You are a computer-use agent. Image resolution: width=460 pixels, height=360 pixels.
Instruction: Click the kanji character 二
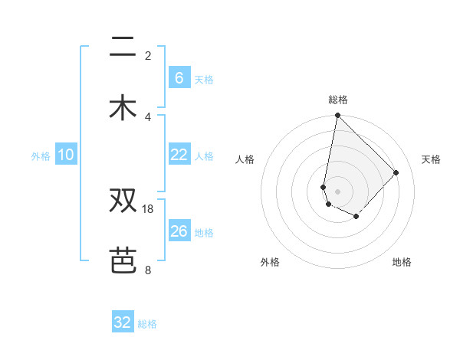(x=123, y=48)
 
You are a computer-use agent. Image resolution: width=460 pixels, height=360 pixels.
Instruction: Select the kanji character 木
(x=123, y=107)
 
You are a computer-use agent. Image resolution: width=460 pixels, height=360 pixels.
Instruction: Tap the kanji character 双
(x=123, y=201)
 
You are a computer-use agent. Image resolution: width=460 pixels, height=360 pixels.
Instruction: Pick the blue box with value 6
(x=179, y=77)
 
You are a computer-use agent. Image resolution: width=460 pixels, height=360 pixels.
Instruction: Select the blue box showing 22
(x=179, y=155)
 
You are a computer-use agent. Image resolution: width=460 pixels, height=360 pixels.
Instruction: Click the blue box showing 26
(x=179, y=231)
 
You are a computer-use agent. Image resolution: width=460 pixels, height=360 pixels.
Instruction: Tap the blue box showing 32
(x=123, y=322)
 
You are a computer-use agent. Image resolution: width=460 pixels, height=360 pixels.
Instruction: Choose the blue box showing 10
(x=66, y=155)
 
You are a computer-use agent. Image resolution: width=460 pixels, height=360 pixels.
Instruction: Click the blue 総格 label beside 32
(x=147, y=324)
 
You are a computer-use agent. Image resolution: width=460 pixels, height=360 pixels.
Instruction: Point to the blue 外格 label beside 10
(x=41, y=156)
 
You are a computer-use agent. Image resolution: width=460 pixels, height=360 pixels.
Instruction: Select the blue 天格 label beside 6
(x=204, y=79)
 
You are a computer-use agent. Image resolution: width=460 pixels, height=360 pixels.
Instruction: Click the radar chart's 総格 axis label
(x=338, y=100)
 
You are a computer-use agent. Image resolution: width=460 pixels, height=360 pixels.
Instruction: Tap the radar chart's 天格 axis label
(x=431, y=159)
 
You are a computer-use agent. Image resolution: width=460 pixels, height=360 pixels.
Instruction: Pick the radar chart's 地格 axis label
(x=402, y=262)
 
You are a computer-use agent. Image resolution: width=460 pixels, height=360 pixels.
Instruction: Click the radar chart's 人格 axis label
(x=245, y=159)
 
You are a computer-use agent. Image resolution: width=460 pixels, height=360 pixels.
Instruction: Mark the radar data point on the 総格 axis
(x=337, y=116)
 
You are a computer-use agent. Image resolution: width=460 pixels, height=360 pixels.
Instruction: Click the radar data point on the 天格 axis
(x=396, y=172)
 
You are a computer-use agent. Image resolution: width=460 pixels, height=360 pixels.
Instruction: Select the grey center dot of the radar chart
(x=337, y=191)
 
